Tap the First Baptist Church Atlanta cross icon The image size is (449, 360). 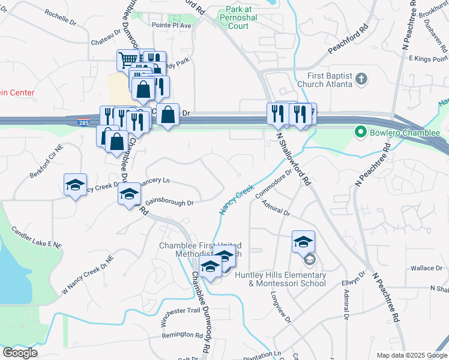[x=361, y=79]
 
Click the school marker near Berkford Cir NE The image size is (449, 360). [x=76, y=185]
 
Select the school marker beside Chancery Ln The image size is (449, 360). [x=129, y=194]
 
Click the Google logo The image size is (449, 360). [x=20, y=353]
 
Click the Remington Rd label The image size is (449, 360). [x=182, y=335]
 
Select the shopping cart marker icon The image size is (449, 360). [x=128, y=59]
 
